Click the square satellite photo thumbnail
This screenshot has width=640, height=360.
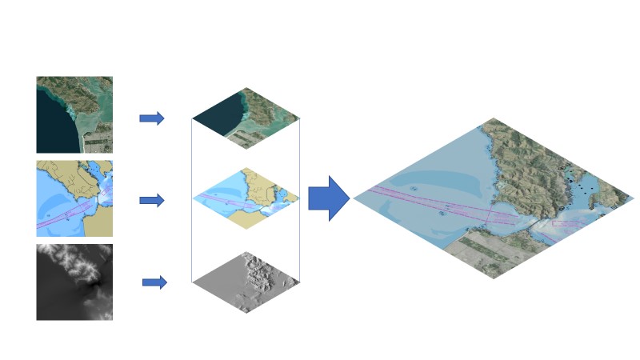74,114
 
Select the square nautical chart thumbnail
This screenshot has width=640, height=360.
74,198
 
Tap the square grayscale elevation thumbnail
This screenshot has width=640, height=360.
74,282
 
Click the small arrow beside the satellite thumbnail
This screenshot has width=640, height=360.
151,118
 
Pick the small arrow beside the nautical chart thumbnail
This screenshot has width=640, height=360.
151,200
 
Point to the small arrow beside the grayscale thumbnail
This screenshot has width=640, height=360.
154,282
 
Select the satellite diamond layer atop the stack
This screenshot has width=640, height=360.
246,120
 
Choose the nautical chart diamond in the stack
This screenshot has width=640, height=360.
246,198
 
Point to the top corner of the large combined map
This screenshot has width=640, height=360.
492,119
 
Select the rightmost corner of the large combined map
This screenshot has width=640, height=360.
633,196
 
